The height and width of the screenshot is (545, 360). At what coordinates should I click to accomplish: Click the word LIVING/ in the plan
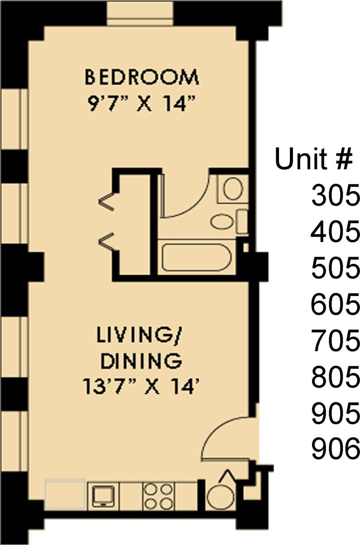141,336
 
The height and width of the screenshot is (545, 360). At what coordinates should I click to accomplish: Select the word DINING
141,361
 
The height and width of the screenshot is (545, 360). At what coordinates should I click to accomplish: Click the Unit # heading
313,160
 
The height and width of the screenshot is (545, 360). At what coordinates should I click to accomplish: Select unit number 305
335,196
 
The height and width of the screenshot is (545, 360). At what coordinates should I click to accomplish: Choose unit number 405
335,233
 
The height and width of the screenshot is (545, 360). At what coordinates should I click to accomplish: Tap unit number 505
335,269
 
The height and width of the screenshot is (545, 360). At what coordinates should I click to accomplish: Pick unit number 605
335,305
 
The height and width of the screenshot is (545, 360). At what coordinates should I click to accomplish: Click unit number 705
335,341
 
